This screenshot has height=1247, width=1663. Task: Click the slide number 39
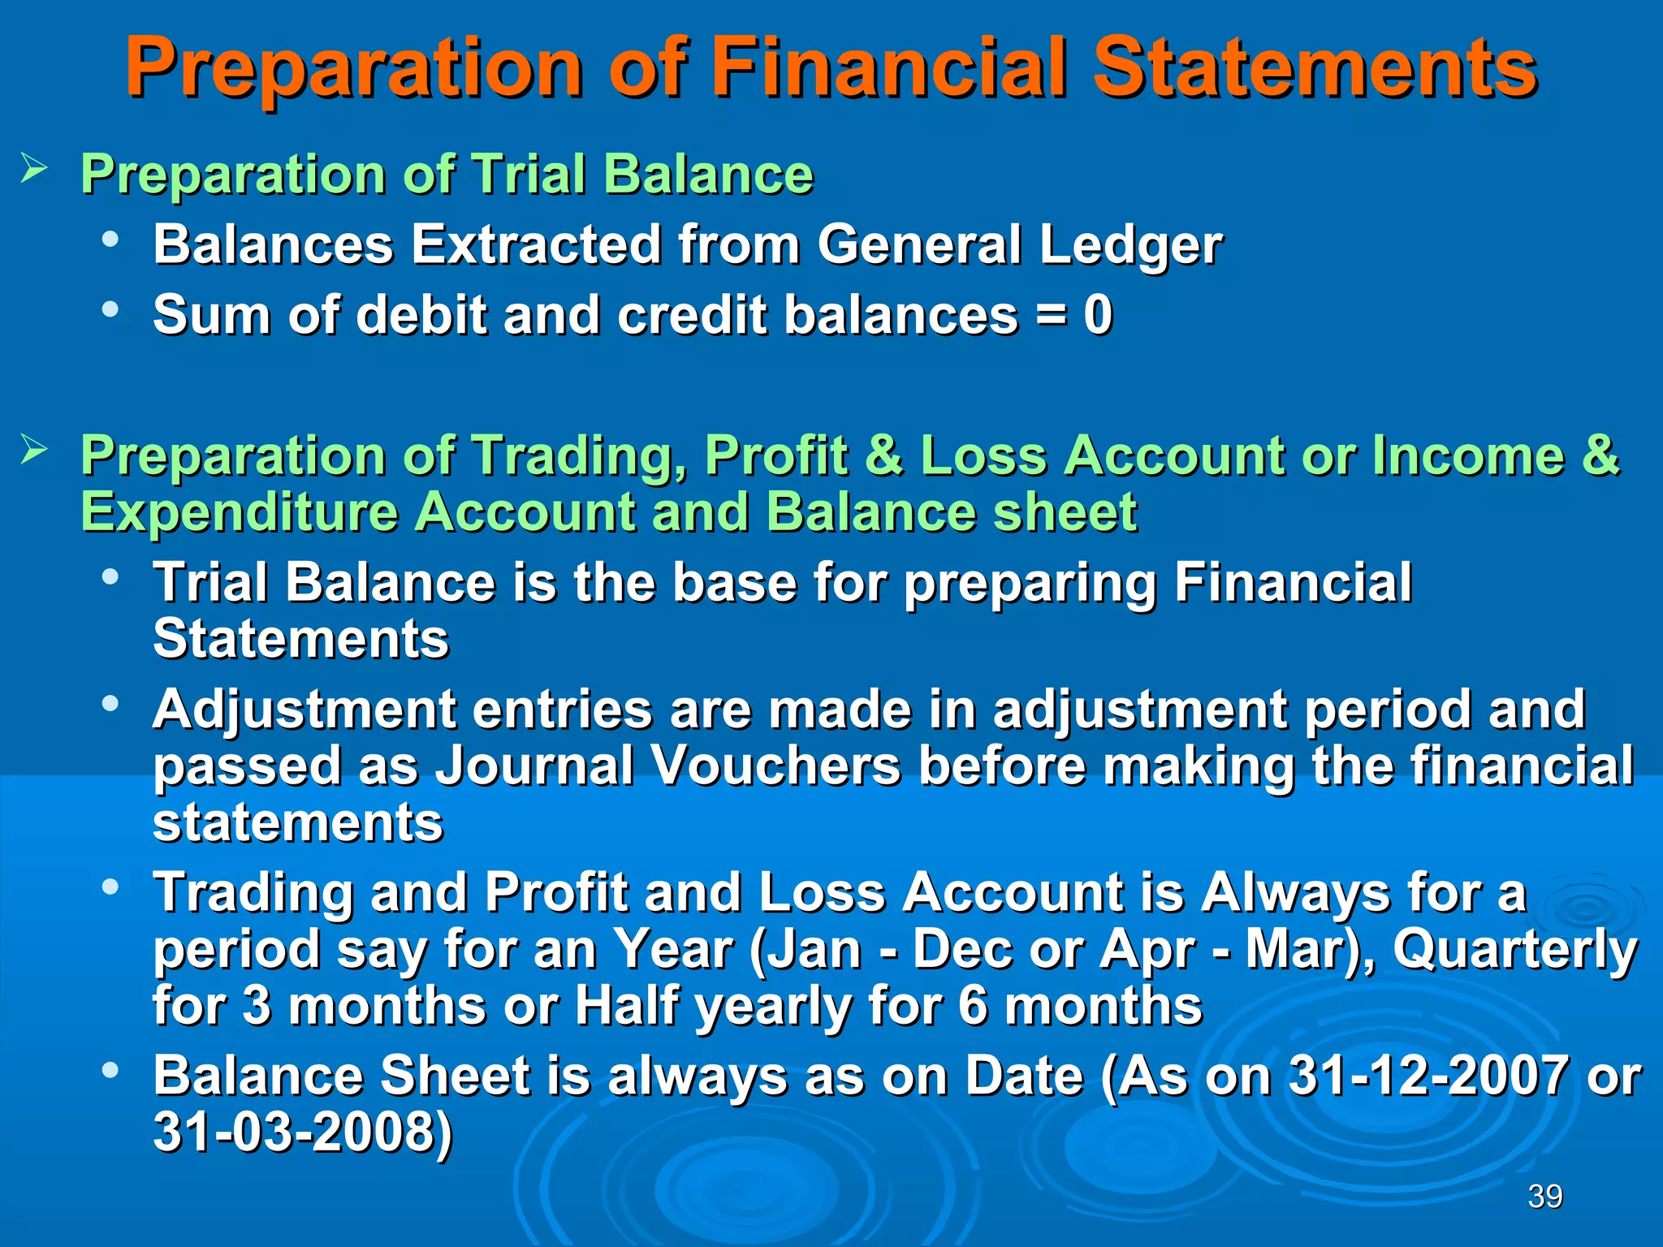click(1544, 1196)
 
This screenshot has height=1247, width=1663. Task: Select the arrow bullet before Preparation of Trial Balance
click(34, 169)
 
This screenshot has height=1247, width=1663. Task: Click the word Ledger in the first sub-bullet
click(1130, 244)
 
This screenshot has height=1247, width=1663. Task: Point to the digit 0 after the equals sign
click(1098, 315)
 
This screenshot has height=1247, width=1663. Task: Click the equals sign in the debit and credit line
click(1052, 317)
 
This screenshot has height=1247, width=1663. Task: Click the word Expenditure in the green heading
click(240, 513)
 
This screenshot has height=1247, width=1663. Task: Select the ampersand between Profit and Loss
click(883, 455)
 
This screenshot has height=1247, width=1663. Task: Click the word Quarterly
click(1515, 950)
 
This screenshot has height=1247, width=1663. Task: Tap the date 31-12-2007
click(1428, 1076)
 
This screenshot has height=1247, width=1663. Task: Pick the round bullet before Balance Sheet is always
click(110, 1070)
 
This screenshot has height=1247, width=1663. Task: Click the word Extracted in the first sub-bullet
click(536, 244)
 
